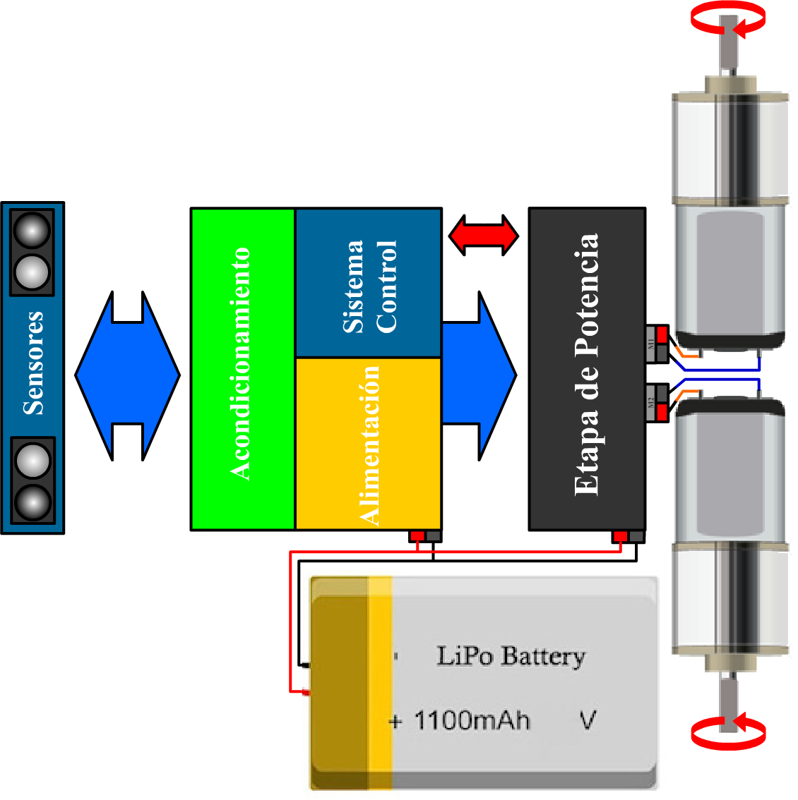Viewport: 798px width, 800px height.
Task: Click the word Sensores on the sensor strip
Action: (33, 363)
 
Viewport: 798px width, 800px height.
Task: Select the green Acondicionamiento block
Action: (242, 368)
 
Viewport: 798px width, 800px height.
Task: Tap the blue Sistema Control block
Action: (368, 284)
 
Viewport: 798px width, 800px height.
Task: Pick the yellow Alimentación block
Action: (368, 443)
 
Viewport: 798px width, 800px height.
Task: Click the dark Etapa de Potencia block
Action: (587, 368)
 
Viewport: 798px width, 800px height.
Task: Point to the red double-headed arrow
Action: (484, 236)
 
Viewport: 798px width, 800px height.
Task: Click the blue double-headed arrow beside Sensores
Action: (127, 376)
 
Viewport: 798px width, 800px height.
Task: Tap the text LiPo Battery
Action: (511, 656)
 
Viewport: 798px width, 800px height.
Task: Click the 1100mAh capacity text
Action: (472, 720)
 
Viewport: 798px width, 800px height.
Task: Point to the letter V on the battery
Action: (588, 720)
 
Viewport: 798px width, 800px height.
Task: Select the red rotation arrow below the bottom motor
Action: (728, 733)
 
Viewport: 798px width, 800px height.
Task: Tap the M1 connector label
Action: (651, 344)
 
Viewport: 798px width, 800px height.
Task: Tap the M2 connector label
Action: (651, 403)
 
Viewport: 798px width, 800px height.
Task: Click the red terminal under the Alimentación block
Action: (417, 536)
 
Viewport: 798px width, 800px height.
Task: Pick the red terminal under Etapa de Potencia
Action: (620, 537)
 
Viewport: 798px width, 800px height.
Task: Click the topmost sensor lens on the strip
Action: (32, 231)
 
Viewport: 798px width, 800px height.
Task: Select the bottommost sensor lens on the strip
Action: (32, 502)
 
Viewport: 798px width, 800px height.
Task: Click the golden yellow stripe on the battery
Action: (380, 681)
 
